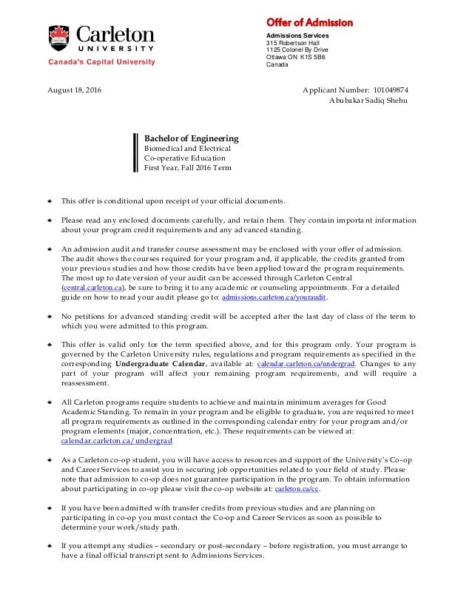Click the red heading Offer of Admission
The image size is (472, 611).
[x=309, y=23]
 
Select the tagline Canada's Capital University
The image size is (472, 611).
[x=102, y=63]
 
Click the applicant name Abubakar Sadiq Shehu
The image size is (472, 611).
[x=368, y=101]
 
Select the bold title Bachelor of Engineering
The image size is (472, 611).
[x=191, y=138]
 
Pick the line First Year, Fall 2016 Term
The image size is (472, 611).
[x=187, y=168]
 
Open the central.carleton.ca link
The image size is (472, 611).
[x=93, y=288]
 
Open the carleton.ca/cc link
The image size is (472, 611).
[x=297, y=490]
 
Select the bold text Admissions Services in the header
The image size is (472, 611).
[x=297, y=36]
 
